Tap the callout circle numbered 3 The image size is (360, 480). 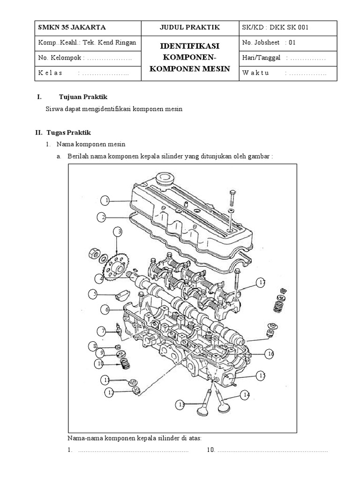[x=120, y=232]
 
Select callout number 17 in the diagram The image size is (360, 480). [x=261, y=282]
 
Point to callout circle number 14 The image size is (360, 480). [x=245, y=396]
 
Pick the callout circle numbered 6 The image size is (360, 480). [x=106, y=310]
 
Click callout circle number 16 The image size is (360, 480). [x=269, y=354]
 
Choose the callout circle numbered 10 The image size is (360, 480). [x=100, y=363]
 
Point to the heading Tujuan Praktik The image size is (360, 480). [x=83, y=97]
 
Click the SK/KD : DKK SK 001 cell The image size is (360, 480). [x=275, y=27]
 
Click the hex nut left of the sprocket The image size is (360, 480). [x=92, y=255]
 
